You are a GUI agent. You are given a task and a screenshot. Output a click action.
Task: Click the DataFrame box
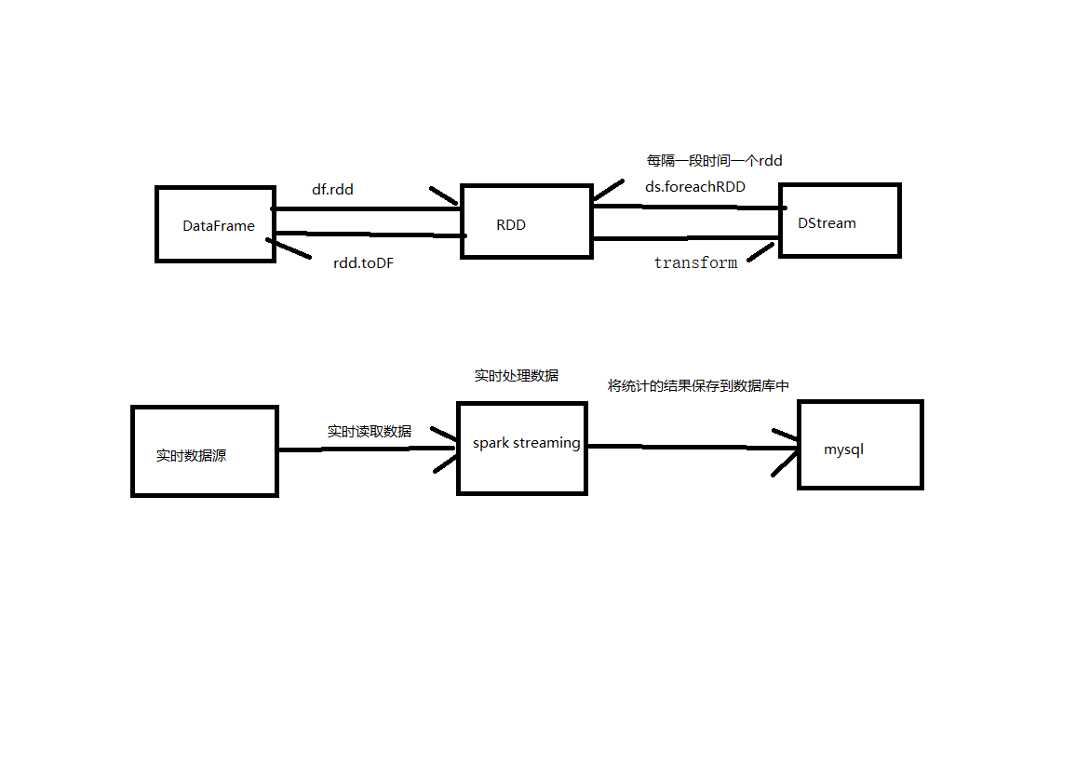[215, 224]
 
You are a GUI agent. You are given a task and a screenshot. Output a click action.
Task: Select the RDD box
[526, 222]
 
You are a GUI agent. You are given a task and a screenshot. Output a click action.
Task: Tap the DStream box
[840, 220]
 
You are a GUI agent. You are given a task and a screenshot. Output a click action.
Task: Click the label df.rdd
[332, 189]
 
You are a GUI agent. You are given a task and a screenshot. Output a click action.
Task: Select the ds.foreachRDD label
[694, 186]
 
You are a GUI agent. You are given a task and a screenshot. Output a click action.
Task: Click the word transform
[695, 262]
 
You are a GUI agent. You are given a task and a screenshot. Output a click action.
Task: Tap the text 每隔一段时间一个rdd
[714, 160]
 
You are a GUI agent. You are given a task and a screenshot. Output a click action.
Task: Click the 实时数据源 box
[205, 450]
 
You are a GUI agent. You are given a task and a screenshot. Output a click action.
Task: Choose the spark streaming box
[522, 448]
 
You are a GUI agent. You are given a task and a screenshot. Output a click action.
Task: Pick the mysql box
[860, 444]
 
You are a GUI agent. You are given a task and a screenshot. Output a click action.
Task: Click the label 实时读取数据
[369, 431]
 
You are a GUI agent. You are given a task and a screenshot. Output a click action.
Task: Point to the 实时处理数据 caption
[516, 375]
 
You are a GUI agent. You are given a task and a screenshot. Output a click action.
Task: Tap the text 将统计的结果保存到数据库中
[698, 385]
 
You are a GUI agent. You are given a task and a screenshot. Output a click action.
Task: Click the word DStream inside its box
[827, 222]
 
